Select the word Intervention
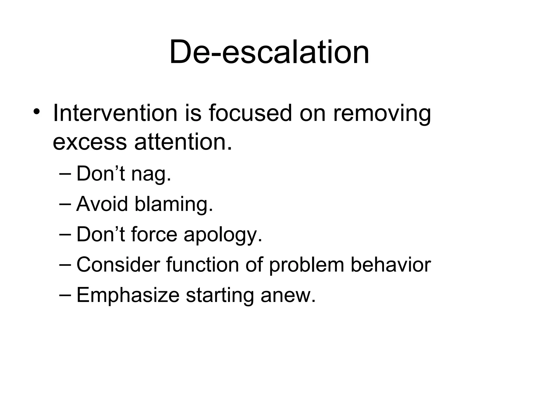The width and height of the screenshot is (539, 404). [x=115, y=113]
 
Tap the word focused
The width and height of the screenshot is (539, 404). [x=250, y=113]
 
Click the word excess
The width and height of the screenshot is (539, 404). [x=90, y=142]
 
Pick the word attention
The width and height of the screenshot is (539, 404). [x=183, y=142]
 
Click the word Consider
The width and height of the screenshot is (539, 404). [x=118, y=265]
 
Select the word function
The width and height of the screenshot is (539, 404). [x=202, y=265]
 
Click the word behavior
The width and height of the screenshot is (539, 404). [x=391, y=265]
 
